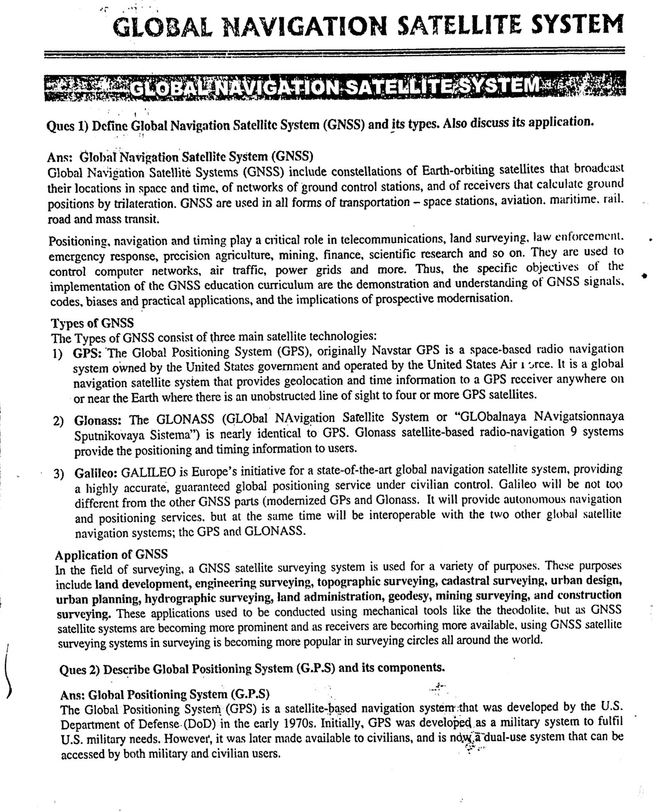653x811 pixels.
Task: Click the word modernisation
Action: (472, 298)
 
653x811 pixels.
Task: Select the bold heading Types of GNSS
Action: (93, 323)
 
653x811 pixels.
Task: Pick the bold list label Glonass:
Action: (98, 420)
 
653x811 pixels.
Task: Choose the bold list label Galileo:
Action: (96, 471)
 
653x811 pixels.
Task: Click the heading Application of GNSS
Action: (112, 554)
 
